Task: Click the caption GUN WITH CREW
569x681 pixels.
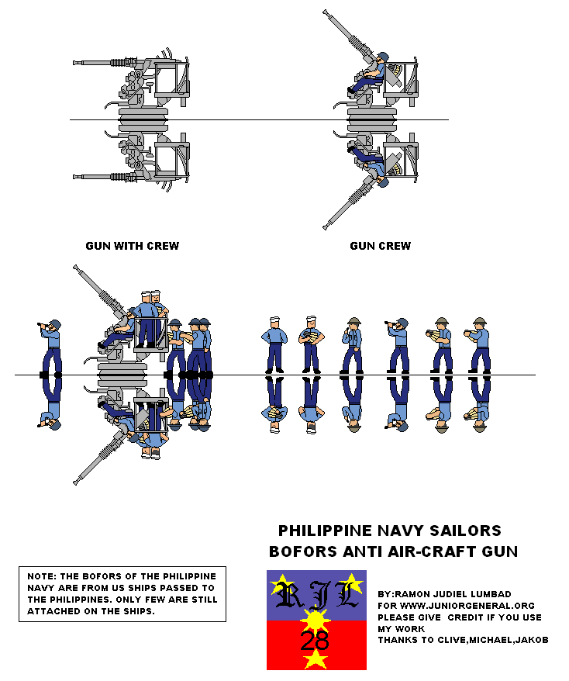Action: (132, 246)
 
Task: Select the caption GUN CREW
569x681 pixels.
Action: (380, 246)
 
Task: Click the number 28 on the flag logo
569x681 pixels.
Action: (314, 641)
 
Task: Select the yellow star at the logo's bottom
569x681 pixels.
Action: (315, 660)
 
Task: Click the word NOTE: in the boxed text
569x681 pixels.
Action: (40, 576)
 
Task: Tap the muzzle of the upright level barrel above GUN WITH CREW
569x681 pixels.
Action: (75, 63)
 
